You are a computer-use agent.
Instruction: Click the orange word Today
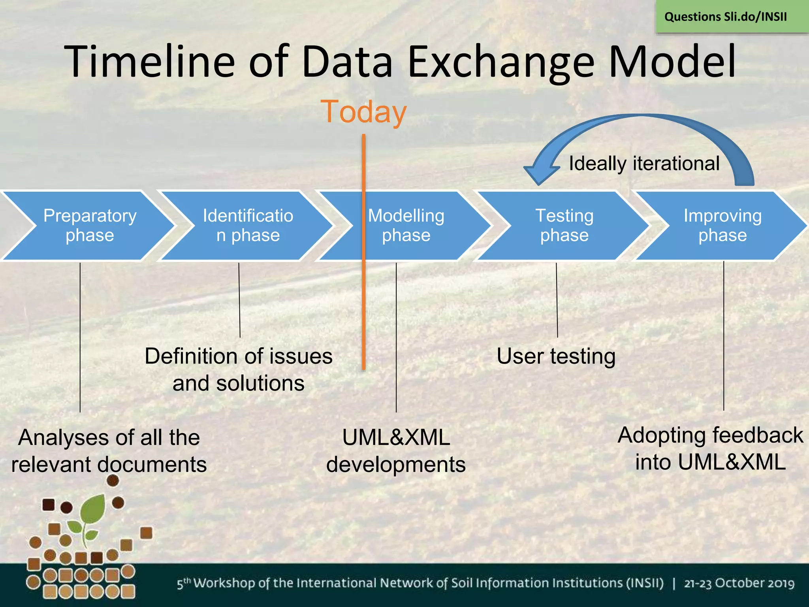[x=363, y=112]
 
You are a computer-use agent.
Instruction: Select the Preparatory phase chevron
[x=90, y=226]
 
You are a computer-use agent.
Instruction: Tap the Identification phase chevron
[x=248, y=226]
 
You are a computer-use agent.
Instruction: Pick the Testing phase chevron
[x=564, y=226]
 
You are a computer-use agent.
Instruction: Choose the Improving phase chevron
[x=722, y=226]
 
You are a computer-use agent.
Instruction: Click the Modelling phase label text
[x=406, y=226]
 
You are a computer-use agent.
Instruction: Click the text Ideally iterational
[x=644, y=164]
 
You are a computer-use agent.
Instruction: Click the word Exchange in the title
[x=500, y=62]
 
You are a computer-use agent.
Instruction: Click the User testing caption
[x=556, y=356]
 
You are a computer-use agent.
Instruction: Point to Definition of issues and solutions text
[x=239, y=369]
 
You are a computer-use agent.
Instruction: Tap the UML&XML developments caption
[x=396, y=451]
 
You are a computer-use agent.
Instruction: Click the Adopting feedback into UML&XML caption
[x=710, y=449]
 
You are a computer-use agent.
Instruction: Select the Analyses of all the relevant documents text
[x=109, y=451]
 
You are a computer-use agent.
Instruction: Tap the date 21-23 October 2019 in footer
[x=739, y=583]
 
